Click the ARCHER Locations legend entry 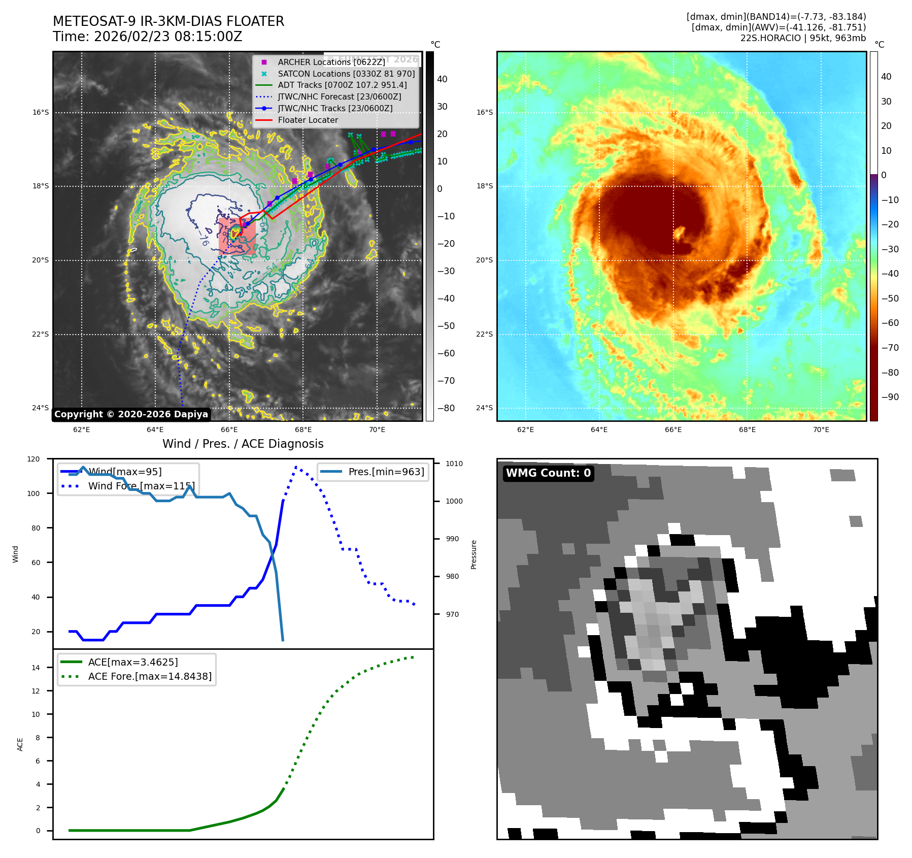(x=331, y=62)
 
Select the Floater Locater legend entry (x=308, y=120)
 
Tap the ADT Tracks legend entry (x=342, y=85)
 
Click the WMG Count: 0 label (x=548, y=473)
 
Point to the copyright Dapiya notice (x=131, y=414)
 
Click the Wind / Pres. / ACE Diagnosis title (x=243, y=444)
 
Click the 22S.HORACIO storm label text (x=803, y=38)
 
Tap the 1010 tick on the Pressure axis (x=454, y=464)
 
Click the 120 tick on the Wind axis (x=33, y=459)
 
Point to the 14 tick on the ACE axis (x=36, y=668)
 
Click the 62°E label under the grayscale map (x=82, y=430)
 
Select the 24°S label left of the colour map (x=484, y=408)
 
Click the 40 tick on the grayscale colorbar (x=442, y=79)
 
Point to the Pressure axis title (x=474, y=554)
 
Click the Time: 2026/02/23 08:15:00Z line (x=147, y=37)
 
